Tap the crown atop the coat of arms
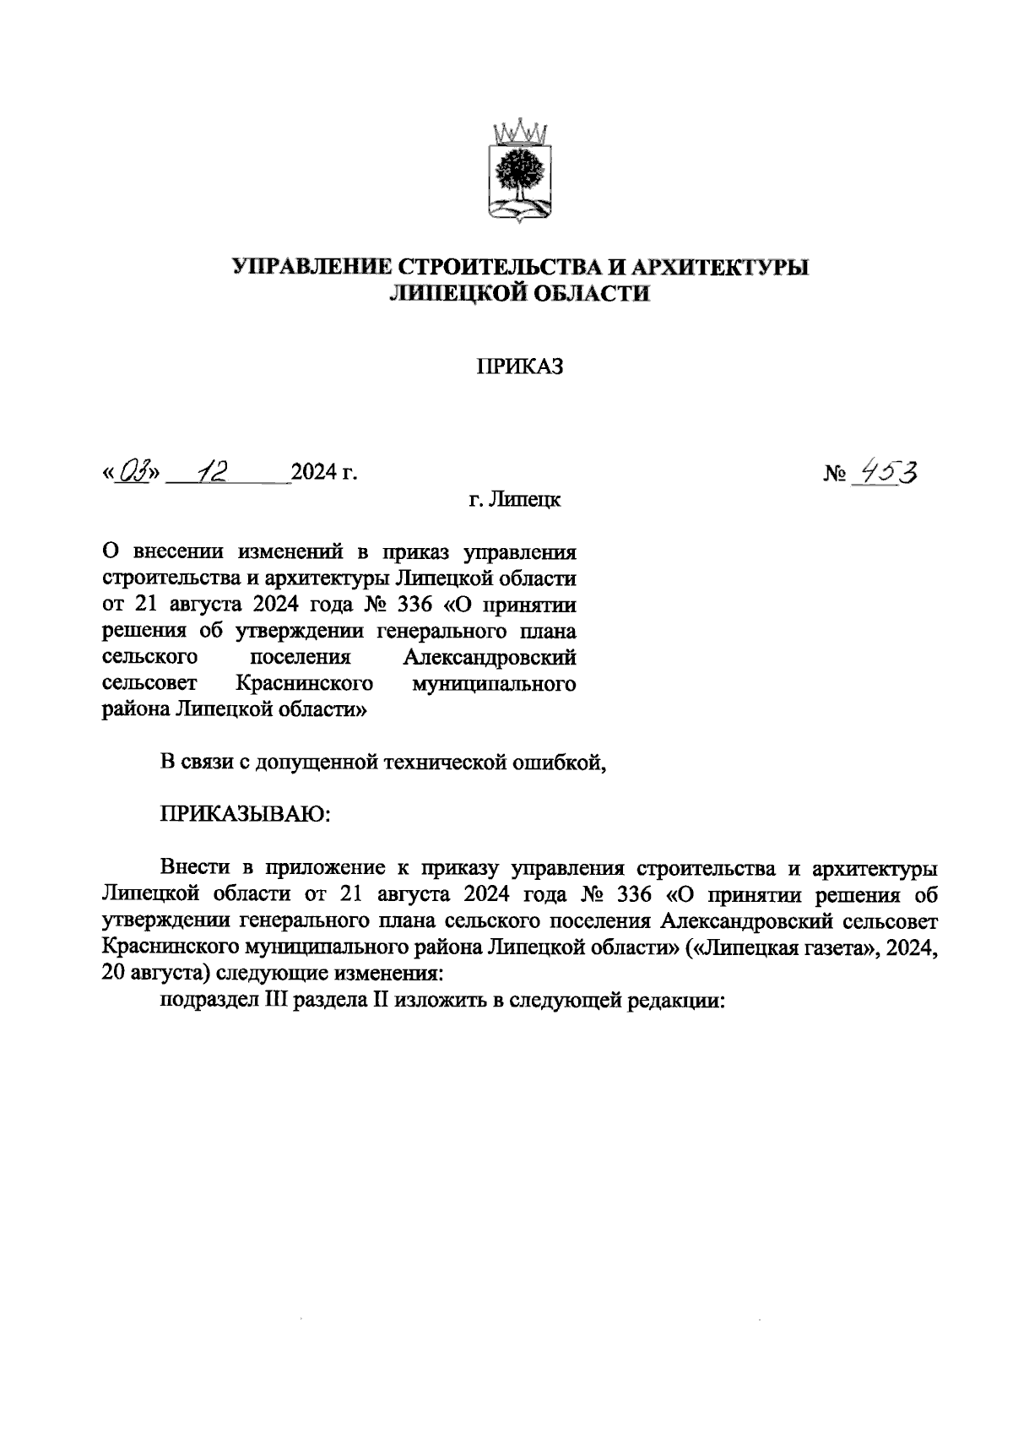(518, 133)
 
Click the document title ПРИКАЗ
(519, 367)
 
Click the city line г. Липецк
(515, 501)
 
